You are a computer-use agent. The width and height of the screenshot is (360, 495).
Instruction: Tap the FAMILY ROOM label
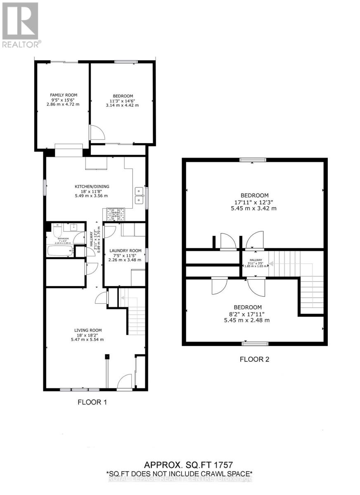64,95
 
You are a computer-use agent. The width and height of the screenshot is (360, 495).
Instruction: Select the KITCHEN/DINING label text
92,186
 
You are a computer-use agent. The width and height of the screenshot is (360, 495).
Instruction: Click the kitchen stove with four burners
116,214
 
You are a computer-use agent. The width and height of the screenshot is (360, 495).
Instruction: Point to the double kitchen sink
140,196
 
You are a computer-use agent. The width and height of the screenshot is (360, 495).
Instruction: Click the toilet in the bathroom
57,229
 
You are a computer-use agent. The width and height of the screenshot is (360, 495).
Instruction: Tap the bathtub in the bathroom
60,251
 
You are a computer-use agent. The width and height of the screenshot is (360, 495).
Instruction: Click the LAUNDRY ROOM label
125,250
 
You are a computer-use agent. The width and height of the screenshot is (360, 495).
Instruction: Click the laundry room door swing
109,232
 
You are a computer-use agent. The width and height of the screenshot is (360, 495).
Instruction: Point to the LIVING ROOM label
88,330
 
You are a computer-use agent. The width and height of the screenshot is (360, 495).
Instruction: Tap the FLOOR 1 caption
92,402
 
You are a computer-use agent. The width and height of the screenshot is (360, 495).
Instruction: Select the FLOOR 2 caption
254,359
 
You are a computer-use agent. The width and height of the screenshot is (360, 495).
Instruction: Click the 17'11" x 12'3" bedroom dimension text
255,202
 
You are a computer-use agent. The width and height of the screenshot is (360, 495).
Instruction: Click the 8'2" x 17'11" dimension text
248,314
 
